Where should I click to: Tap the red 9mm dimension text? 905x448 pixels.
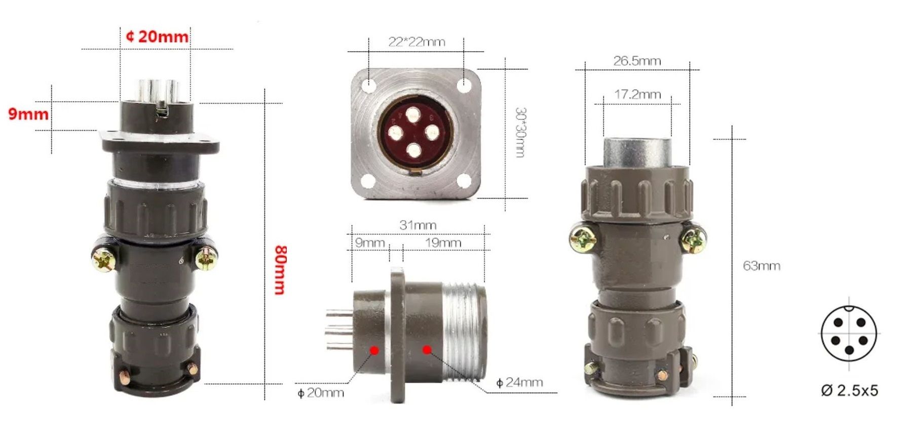[x=28, y=114]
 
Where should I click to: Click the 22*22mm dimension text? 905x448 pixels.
[x=417, y=42]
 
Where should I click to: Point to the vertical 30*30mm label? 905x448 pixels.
[x=519, y=132]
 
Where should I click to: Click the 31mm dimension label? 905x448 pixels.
[x=418, y=225]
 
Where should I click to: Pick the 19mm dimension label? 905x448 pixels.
[x=443, y=242]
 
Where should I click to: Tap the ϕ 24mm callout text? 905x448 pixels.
[x=519, y=382]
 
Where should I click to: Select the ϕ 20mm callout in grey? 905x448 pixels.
[x=321, y=392]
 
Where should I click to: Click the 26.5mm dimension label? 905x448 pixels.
[x=637, y=61]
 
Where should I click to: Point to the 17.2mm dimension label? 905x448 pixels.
[x=637, y=94]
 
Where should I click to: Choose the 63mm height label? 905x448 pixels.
[x=761, y=266]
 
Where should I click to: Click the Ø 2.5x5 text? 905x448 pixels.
[x=849, y=390]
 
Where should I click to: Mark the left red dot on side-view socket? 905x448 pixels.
[x=374, y=350]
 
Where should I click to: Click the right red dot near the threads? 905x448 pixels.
[x=427, y=349]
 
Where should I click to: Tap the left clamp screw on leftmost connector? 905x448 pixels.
[x=103, y=261]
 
